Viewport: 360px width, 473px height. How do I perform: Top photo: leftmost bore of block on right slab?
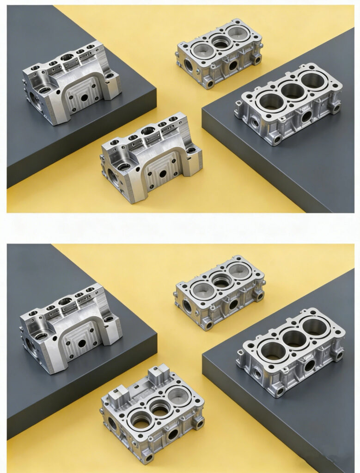pos(271,101)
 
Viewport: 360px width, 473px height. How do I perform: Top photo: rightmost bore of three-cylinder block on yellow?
pos(239,33)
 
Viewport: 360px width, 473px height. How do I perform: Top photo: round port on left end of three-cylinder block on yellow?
pos(189,65)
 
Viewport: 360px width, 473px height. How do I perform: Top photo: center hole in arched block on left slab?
pos(84,98)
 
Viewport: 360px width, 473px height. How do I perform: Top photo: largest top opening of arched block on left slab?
pos(67,58)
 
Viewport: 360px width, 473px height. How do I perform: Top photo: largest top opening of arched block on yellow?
pos(148,131)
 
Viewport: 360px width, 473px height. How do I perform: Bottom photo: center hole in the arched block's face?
pos(82,344)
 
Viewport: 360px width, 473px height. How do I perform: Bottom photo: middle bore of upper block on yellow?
pos(222,280)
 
